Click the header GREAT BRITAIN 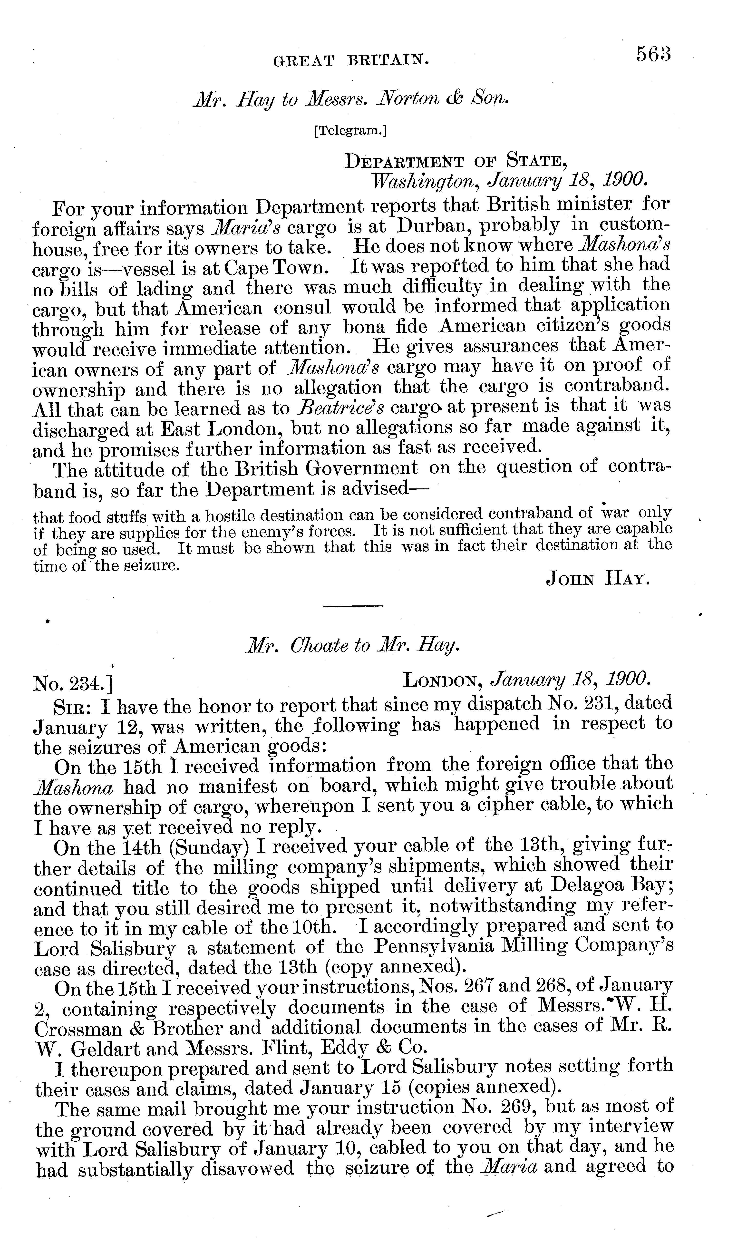351,61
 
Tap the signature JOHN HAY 598,579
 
